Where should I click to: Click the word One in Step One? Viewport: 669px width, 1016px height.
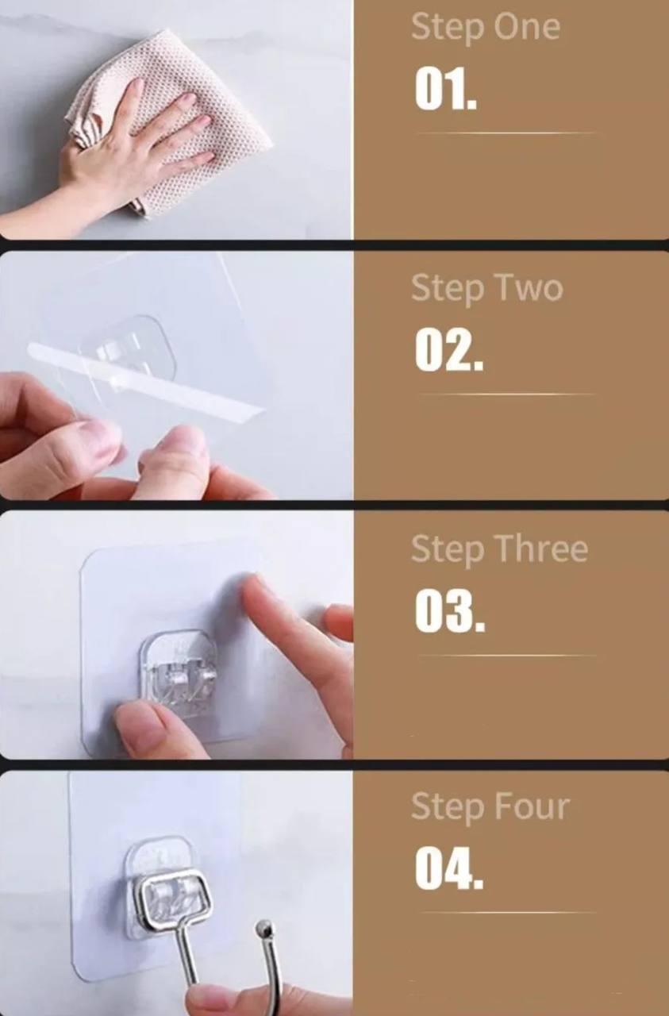pos(527,27)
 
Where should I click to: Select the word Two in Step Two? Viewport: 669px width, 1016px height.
pos(530,288)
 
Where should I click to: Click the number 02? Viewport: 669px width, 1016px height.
pos(449,349)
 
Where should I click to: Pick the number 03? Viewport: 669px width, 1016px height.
pos(450,610)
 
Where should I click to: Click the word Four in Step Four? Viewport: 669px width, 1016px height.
pos(531,806)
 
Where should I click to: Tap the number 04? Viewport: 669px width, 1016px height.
pos(449,868)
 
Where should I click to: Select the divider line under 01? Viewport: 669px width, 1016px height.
pos(506,133)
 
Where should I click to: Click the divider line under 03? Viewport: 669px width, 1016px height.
pos(506,655)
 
